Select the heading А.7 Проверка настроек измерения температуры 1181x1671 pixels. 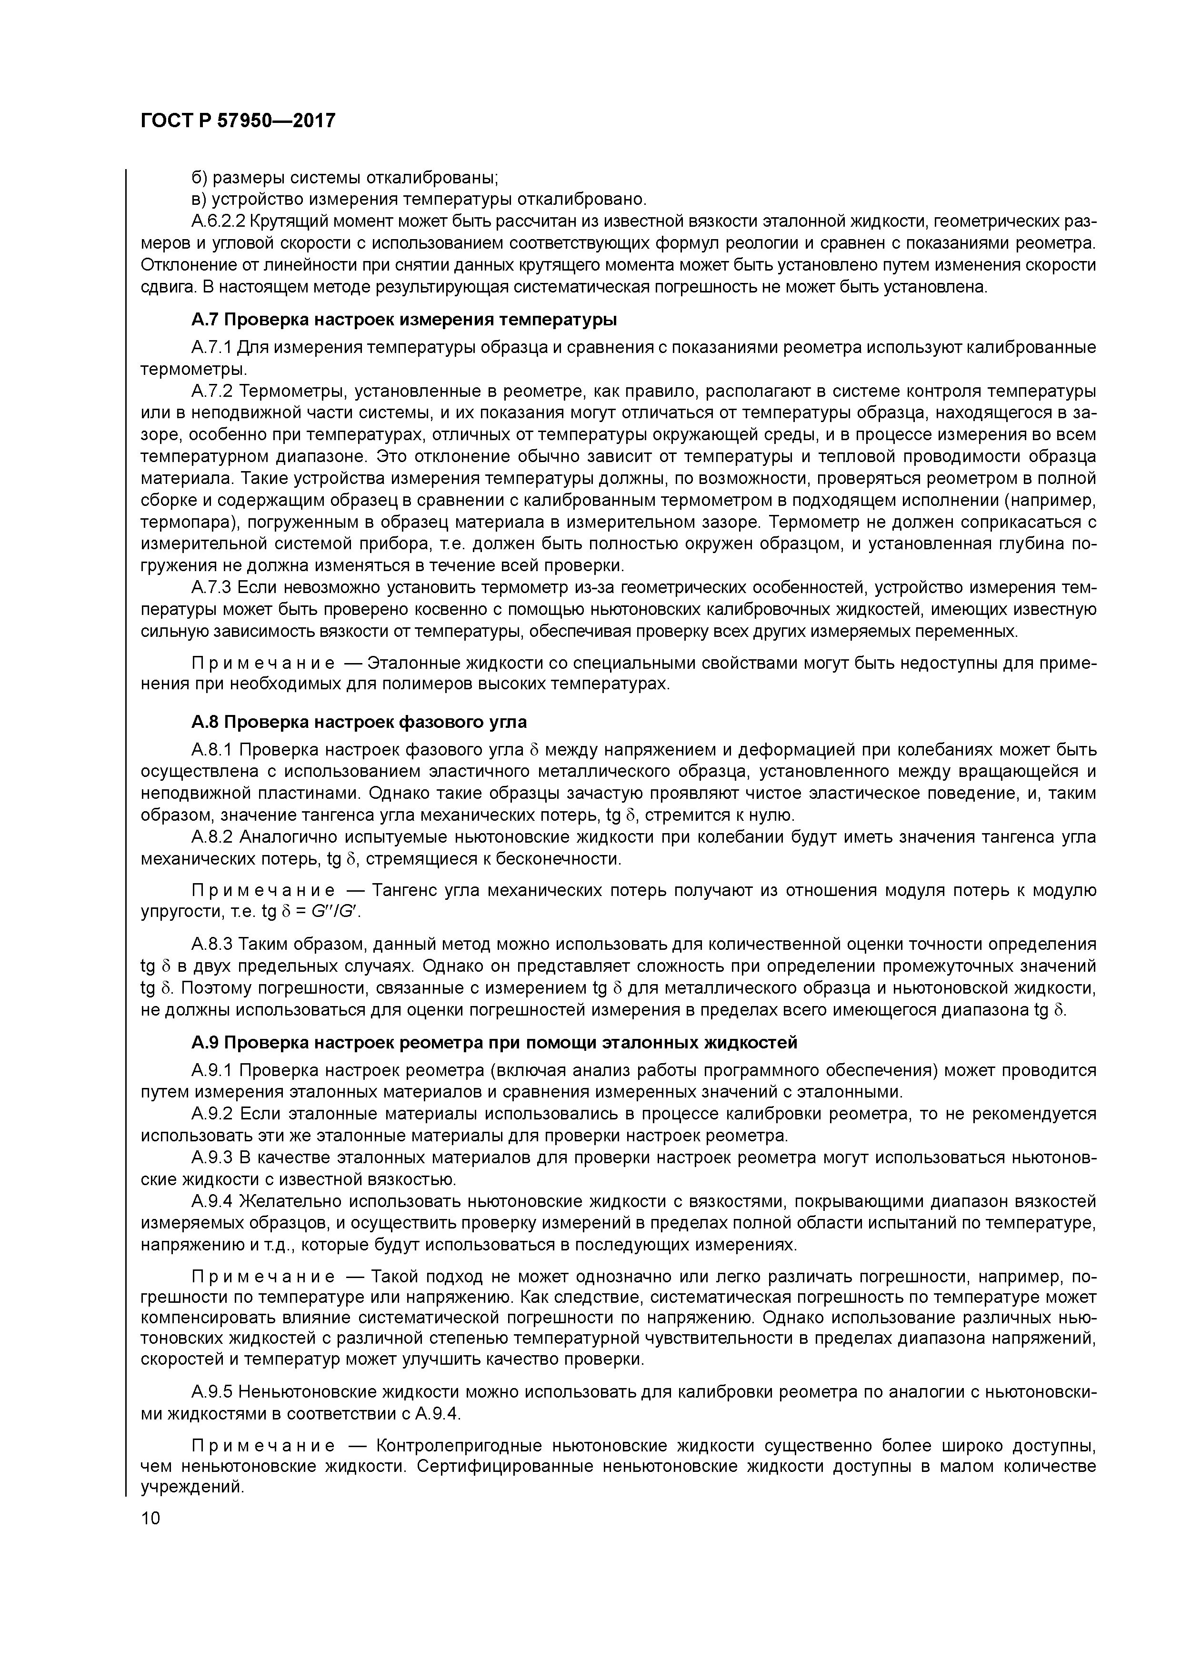pos(404,320)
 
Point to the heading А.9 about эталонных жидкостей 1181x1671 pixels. pos(494,1042)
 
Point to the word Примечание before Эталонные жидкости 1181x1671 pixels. pos(263,663)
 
